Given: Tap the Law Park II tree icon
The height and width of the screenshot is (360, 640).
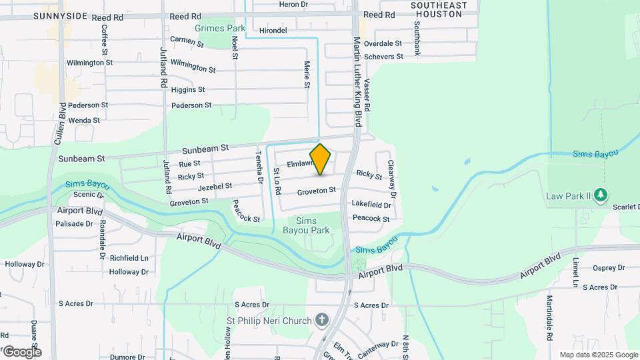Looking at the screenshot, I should [x=602, y=195].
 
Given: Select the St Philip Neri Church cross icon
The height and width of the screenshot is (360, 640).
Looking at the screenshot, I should [x=322, y=321].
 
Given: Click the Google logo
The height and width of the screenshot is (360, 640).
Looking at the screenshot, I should [x=21, y=351].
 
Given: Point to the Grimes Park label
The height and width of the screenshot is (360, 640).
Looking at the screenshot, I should [x=221, y=29].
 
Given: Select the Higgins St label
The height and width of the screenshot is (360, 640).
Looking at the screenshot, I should [x=188, y=89].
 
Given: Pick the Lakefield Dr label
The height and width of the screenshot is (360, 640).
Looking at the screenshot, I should [x=371, y=205].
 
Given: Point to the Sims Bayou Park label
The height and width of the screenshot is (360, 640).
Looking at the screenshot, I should [x=312, y=225].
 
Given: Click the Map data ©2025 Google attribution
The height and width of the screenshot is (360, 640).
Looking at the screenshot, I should [x=598, y=355].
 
